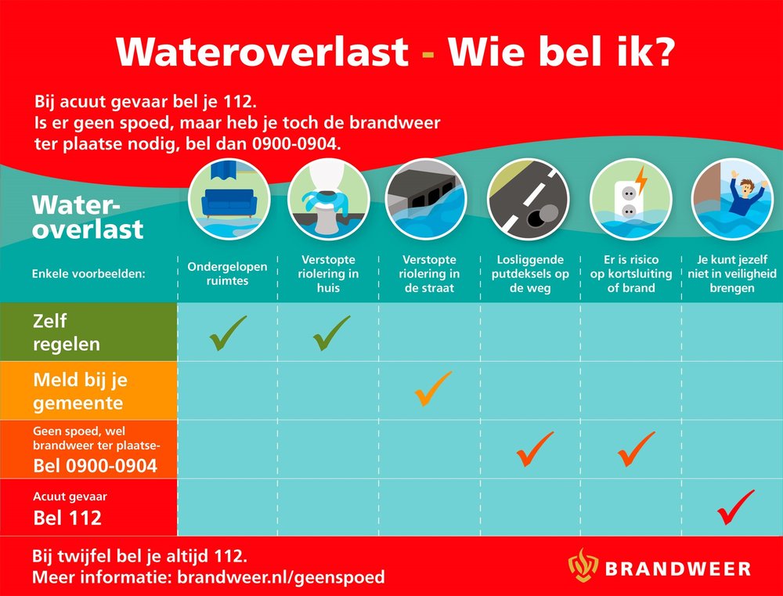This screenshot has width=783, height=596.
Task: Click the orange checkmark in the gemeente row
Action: click(433, 388)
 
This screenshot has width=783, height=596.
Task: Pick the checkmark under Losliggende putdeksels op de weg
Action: click(535, 449)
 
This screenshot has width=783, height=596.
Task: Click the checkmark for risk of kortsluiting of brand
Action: click(635, 449)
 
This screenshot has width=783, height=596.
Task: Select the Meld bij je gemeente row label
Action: click(80, 391)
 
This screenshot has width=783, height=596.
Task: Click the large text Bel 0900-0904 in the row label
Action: click(95, 467)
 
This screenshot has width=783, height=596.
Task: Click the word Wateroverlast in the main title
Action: click(262, 52)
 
